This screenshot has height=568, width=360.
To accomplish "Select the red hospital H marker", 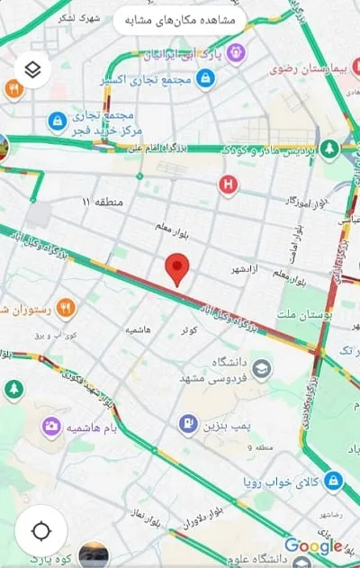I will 229,185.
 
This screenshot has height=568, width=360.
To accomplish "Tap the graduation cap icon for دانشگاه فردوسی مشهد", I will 261,368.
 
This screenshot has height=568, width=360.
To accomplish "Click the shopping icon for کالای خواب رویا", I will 333,481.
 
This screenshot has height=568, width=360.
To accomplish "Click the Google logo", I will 313,545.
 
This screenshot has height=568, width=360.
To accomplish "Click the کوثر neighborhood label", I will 190,330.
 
